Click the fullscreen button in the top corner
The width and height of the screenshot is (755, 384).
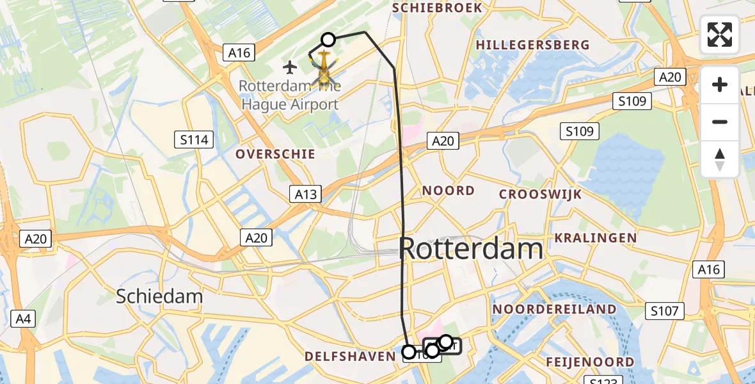coord(720,35)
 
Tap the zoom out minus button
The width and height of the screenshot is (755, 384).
coord(720,122)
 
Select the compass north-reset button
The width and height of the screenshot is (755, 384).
coord(720,159)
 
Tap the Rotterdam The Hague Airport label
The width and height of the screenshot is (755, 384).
coord(290,95)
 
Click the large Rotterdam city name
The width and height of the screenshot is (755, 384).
coord(471,248)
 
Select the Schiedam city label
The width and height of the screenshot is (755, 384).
coord(159,296)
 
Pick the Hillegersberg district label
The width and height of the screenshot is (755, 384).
coord(532,45)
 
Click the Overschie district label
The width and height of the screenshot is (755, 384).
coord(275,154)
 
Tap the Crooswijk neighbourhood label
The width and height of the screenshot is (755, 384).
coord(541,194)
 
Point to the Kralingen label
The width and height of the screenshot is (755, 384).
coord(595,238)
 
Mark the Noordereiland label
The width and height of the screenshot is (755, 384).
coord(554,310)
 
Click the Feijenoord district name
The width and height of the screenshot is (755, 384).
coord(589,362)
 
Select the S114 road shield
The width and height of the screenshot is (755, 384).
coord(195,140)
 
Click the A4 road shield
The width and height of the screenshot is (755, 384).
coord(23,318)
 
